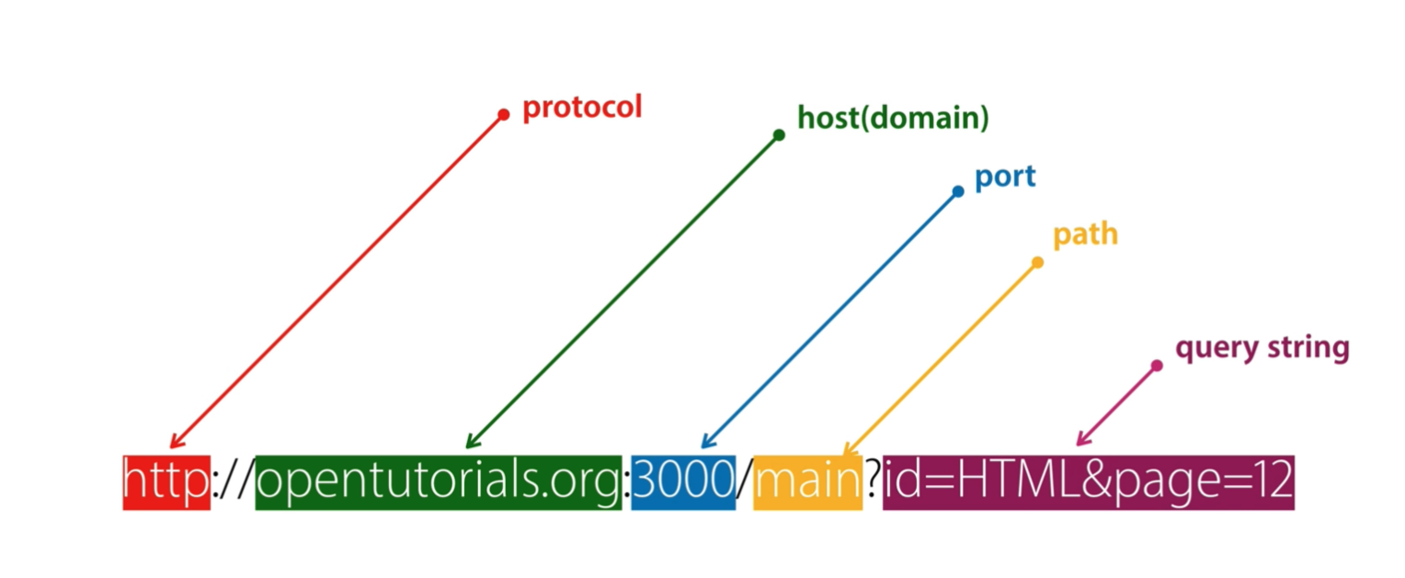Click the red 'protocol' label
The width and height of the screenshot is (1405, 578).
(582, 108)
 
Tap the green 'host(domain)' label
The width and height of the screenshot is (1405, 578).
(893, 118)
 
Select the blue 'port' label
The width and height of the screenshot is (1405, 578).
(1005, 177)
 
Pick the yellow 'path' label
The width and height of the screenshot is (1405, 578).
(1085, 235)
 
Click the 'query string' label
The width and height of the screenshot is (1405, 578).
(1262, 348)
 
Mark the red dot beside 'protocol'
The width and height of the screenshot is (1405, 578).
(503, 115)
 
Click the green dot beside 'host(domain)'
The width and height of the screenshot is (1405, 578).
(779, 135)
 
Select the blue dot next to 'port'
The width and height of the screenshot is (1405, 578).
(958, 191)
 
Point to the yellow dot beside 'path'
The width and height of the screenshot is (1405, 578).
(1037, 262)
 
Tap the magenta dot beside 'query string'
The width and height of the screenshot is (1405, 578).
(1157, 365)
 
